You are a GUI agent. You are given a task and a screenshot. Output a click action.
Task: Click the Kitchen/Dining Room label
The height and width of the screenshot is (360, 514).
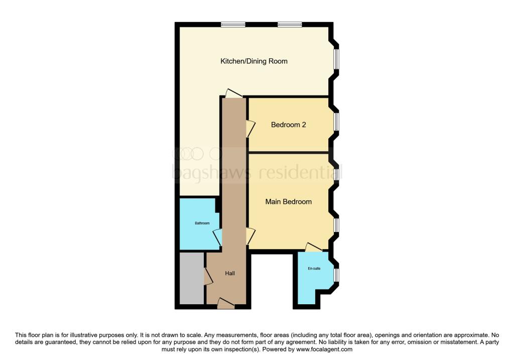[254, 61]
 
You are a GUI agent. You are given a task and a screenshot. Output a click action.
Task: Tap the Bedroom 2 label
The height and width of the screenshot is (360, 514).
[289, 125]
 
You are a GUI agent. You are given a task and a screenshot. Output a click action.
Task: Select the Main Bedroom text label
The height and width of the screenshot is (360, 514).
[289, 202]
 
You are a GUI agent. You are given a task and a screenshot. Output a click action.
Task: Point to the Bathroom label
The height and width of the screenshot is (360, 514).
[202, 223]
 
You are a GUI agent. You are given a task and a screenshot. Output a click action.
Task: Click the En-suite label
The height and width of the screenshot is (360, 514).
[314, 269]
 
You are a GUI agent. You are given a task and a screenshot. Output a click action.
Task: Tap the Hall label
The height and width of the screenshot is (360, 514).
[230, 274]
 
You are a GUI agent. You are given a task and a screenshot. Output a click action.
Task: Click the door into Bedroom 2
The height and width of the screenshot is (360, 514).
[250, 129]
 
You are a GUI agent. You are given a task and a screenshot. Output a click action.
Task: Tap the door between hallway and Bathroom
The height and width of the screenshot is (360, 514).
[217, 236]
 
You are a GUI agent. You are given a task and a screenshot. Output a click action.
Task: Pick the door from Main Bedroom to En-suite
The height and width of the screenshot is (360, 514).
[314, 247]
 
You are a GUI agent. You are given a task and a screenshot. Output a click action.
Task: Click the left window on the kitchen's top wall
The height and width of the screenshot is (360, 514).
[233, 24]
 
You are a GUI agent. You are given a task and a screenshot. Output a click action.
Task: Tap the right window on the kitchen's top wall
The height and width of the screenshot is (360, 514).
[290, 24]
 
